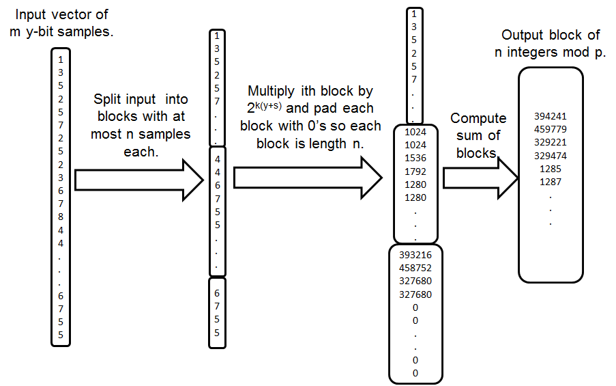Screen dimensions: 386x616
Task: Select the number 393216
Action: [x=415, y=255]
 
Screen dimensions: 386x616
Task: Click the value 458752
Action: [x=415, y=268]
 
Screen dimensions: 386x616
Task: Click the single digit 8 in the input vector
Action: [x=61, y=217]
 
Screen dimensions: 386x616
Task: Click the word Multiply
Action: [x=272, y=91]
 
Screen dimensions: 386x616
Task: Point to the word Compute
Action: [x=478, y=118]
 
